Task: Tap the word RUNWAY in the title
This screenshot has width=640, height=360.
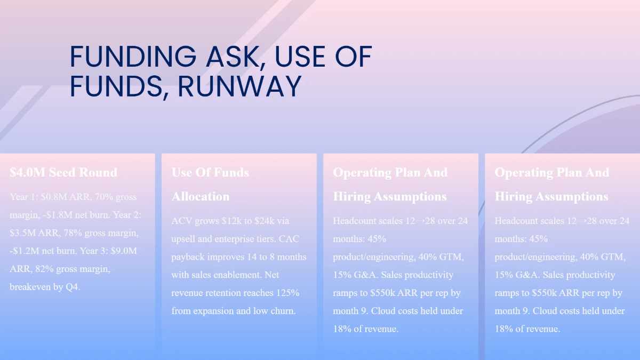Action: pyautogui.click(x=239, y=86)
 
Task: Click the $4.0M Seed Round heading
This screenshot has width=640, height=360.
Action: pyautogui.click(x=63, y=172)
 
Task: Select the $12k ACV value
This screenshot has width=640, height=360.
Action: pyautogui.click(x=233, y=221)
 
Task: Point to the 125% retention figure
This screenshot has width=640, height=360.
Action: pyautogui.click(x=287, y=293)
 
